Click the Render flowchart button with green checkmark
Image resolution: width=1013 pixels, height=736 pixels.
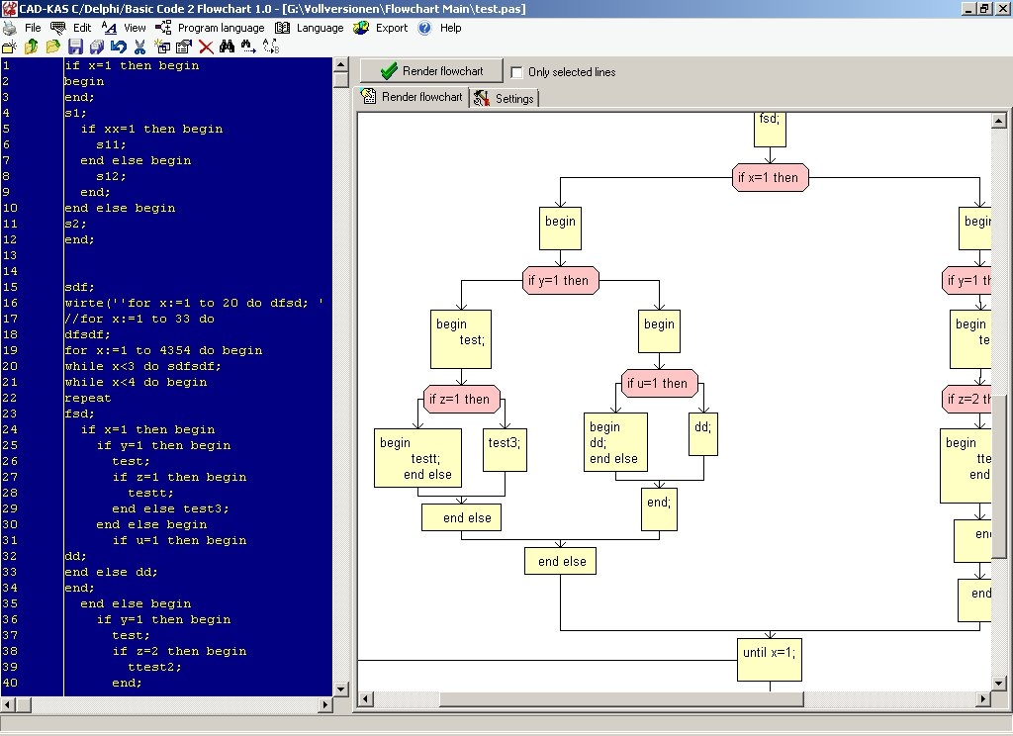click(431, 71)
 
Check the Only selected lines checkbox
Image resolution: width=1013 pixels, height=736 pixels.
click(516, 72)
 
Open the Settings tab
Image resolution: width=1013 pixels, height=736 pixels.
click(505, 98)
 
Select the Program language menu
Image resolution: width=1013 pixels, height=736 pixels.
click(221, 28)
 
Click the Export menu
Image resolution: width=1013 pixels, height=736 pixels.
click(391, 28)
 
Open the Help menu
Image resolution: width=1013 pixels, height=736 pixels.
click(450, 28)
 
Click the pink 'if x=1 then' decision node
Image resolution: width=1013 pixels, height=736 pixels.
click(771, 178)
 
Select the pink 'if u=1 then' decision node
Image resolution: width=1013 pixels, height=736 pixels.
click(660, 383)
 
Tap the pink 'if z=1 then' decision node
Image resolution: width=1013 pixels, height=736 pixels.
click(462, 399)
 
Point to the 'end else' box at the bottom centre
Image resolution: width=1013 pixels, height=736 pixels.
click(561, 561)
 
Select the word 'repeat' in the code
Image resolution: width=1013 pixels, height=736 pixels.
click(88, 398)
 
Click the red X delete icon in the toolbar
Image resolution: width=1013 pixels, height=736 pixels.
click(206, 46)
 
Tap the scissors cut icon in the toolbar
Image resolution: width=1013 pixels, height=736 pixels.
click(139, 46)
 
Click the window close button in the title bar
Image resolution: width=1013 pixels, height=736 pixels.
click(1001, 9)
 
